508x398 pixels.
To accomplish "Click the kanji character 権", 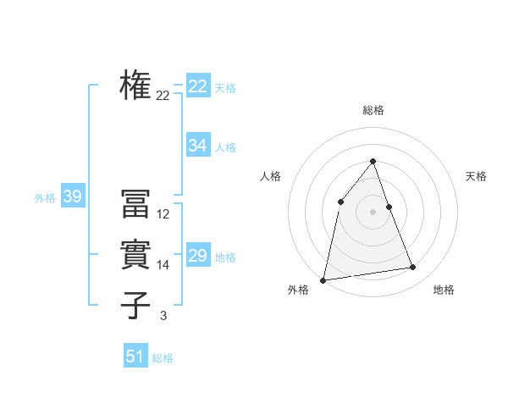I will tap(135, 85).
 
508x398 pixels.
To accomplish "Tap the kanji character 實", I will tap(135, 255).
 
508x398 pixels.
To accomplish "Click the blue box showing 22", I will tap(197, 86).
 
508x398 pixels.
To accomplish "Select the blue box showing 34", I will tap(197, 146).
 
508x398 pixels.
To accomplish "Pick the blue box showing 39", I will tap(72, 197).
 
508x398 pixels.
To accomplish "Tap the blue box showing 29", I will tap(197, 256).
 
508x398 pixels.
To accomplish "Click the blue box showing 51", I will tap(135, 357).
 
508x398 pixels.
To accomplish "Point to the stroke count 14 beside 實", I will tap(163, 265).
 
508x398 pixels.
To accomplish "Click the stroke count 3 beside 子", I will tap(163, 316).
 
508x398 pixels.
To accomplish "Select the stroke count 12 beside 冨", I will tap(163, 214).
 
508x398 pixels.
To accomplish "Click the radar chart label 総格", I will tap(373, 110).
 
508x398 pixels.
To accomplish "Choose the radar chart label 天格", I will tap(476, 176).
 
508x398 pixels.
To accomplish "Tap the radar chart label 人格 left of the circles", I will tap(270, 176).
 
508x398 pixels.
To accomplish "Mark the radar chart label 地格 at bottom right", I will tap(444, 290).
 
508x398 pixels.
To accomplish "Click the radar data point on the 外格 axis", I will tap(323, 279).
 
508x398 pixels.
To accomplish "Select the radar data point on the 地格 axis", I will tap(413, 268).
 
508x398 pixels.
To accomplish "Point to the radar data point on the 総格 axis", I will tap(373, 162).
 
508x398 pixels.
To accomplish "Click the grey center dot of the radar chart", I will tap(373, 212).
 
